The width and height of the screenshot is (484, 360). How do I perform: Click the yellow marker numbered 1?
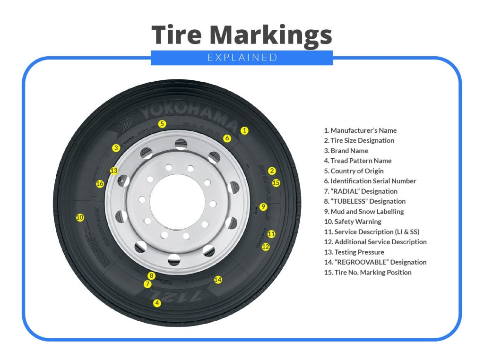pos(244,130)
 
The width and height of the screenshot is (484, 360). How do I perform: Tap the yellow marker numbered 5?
pos(162,124)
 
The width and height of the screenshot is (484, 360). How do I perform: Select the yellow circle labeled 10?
pos(80,218)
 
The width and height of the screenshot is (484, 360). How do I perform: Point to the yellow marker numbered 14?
pos(218,280)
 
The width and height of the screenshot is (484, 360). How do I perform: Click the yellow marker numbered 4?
pos(157,303)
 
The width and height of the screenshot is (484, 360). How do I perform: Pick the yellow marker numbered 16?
pos(100,184)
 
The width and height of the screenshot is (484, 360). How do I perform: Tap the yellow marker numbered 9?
pos(263,207)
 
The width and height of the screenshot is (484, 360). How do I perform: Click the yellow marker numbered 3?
pos(116,148)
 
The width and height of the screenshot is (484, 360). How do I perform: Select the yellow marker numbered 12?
pos(266,247)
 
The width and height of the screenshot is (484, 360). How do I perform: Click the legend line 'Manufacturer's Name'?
pos(360,130)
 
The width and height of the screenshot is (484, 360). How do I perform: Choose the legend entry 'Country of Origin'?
pos(354,171)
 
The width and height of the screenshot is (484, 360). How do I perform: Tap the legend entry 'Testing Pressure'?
pos(354,252)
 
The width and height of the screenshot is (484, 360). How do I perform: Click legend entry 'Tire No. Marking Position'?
pos(367,273)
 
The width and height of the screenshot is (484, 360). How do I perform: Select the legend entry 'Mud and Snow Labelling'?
pos(363,212)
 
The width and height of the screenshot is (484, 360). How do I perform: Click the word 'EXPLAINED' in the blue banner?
pos(242,58)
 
